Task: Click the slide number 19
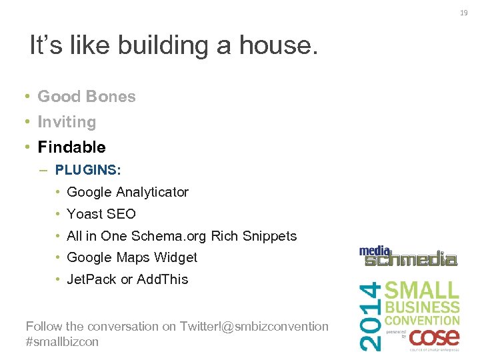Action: [464, 13]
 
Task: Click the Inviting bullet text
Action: [67, 122]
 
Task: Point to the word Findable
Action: [71, 147]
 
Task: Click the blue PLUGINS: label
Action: [88, 170]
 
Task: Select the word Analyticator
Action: [152, 192]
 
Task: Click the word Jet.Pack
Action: [91, 279]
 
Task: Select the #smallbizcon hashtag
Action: [62, 341]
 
